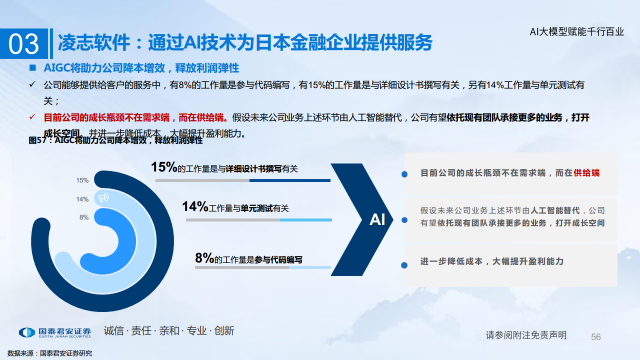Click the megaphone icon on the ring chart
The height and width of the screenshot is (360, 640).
tap(103, 198)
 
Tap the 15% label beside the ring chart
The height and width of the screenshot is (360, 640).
tap(82, 180)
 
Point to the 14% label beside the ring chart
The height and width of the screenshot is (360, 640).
tap(82, 199)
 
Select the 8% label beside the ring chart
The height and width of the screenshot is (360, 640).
tap(84, 217)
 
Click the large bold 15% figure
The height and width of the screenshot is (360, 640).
tap(164, 167)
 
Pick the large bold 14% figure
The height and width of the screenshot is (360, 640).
tap(194, 206)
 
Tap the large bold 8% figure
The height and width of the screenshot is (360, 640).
tap(204, 258)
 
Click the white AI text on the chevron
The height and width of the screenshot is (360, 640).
tap(377, 219)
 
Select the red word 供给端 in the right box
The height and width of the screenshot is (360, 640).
tap(586, 173)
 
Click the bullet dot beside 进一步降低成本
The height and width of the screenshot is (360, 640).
tap(404, 265)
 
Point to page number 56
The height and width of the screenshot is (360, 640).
tap(595, 337)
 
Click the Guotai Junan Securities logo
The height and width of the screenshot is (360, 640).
tap(55, 332)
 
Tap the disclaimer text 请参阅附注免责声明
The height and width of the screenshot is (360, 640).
tap(526, 335)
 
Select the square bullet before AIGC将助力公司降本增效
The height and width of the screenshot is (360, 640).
tap(32, 67)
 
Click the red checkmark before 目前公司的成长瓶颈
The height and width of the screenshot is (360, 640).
tap(32, 117)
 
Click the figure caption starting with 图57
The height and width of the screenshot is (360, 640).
tap(115, 140)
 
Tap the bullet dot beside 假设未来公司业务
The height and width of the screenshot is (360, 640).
tap(404, 219)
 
